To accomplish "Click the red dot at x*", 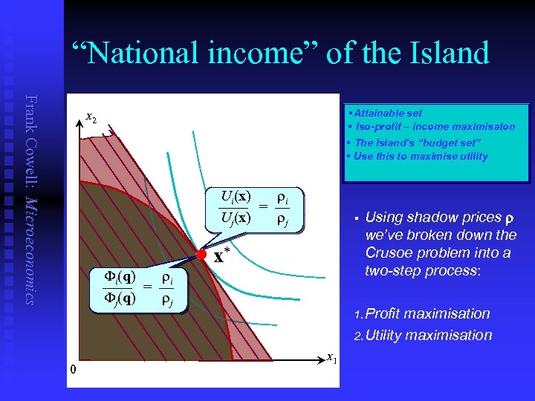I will (x=201, y=255).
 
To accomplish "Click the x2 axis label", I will (x=91, y=117).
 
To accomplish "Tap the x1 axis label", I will (x=331, y=359).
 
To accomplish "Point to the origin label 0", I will (x=72, y=369).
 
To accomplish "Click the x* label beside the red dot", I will (x=221, y=258).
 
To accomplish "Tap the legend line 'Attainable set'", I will (x=387, y=113).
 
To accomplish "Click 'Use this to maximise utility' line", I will (x=421, y=156).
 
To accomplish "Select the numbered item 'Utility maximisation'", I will (x=429, y=335).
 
